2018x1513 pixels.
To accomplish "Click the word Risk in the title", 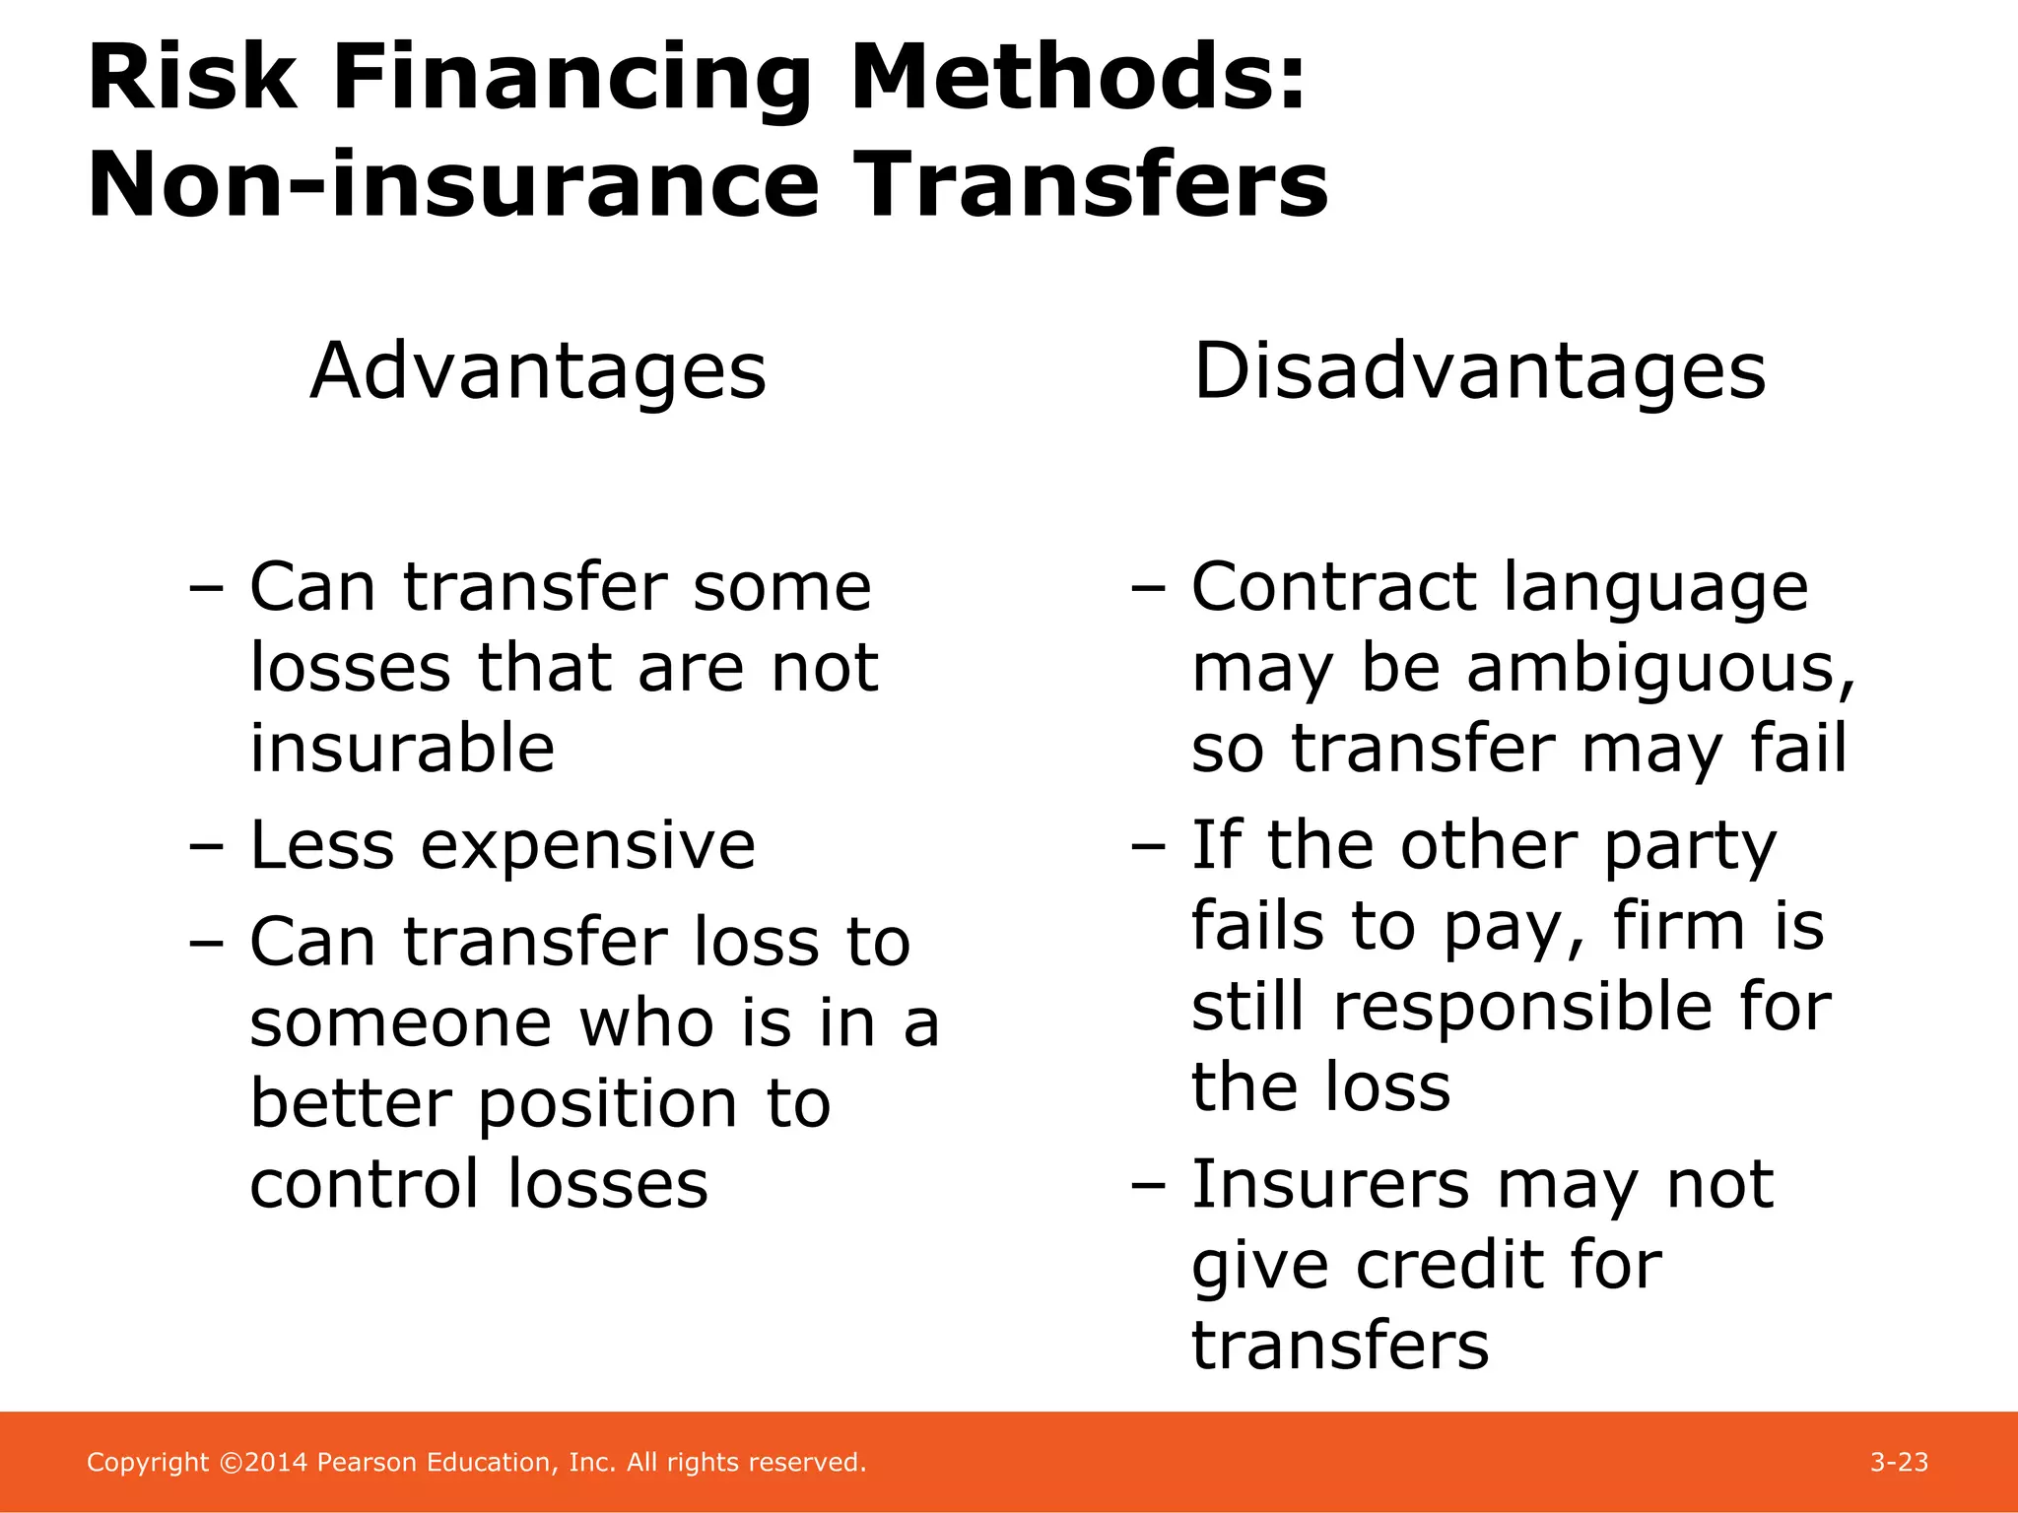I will click(192, 79).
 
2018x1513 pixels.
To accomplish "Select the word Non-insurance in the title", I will click(453, 185).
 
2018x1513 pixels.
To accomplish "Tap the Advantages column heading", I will click(538, 371).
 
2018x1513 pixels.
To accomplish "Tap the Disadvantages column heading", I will click(1479, 371).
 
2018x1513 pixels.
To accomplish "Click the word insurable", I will click(402, 749).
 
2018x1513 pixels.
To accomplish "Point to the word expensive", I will click(588, 845).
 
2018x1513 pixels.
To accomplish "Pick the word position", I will click(607, 1103).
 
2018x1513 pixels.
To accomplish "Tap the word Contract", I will click(1333, 587).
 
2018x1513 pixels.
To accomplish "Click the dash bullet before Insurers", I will click(1149, 1186).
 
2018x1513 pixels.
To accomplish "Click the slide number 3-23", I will click(1899, 1462).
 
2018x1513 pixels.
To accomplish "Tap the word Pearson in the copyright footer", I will click(368, 1462).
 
